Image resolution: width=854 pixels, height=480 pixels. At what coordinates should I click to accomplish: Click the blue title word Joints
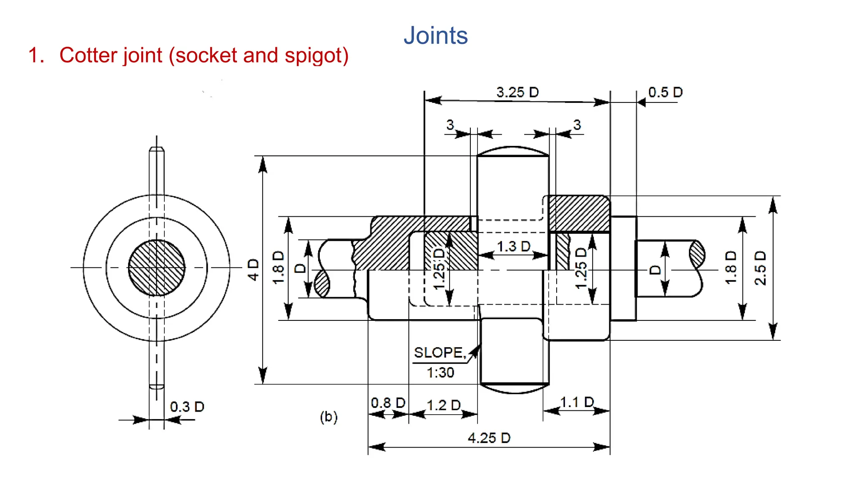click(436, 36)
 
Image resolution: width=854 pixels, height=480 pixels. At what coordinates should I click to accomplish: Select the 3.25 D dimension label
click(517, 92)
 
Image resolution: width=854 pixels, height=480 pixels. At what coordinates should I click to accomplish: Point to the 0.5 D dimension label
click(666, 92)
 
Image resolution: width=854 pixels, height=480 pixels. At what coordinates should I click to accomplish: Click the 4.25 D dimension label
click(489, 438)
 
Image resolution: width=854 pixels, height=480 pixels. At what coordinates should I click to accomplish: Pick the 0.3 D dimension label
click(187, 407)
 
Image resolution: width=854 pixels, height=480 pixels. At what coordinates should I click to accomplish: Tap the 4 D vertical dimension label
click(253, 270)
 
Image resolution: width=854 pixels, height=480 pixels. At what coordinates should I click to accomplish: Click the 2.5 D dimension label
click(761, 268)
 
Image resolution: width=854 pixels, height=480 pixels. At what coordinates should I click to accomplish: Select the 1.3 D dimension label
click(514, 246)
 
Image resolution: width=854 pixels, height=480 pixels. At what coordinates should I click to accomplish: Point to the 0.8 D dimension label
click(388, 403)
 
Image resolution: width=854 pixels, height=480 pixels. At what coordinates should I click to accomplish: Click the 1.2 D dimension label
click(444, 405)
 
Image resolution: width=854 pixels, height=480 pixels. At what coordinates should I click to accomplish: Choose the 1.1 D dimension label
click(577, 402)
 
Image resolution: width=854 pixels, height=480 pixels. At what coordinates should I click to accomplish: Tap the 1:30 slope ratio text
click(440, 372)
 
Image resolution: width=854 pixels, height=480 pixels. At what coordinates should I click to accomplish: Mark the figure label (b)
click(329, 417)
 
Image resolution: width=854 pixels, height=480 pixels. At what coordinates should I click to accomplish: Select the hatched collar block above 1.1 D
click(579, 213)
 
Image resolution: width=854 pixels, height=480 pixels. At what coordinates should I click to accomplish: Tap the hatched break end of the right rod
click(697, 254)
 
